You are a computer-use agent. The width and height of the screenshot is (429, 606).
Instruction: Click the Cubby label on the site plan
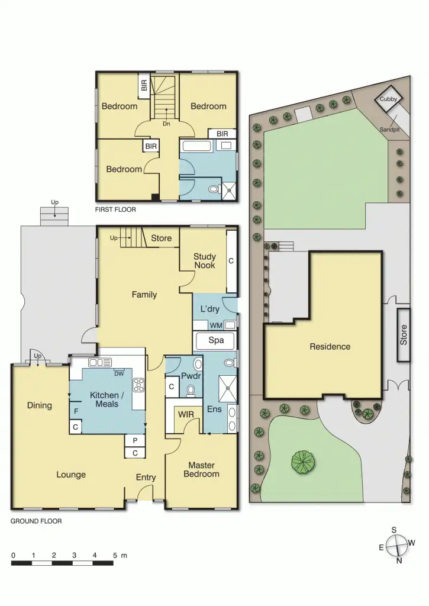coord(388,99)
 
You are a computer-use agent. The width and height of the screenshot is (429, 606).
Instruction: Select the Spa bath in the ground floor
coord(214,340)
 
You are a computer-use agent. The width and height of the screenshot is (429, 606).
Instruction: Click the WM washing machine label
coord(216,325)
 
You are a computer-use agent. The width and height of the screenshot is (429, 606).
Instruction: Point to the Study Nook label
coord(205,261)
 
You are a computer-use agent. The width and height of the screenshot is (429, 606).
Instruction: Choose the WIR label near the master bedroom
coord(186,414)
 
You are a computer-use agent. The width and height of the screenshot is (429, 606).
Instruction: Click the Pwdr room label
coord(189,376)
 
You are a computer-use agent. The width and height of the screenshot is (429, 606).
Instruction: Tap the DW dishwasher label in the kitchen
coord(119,372)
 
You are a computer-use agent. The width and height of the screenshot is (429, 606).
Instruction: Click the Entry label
coord(146,478)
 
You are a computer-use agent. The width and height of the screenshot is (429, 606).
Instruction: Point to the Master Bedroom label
coord(201,469)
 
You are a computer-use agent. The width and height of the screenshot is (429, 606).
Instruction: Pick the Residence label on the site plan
coord(330,347)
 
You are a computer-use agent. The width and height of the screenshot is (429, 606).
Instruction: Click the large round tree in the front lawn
coord(303,461)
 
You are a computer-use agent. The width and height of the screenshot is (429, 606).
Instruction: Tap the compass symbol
coord(397,545)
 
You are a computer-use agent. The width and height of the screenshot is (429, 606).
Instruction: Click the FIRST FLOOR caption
coord(115,209)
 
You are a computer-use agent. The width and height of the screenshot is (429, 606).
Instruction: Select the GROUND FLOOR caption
coord(36,521)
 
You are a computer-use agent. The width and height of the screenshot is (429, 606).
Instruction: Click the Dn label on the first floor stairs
coord(167,124)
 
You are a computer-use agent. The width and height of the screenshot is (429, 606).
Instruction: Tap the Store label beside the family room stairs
coord(161,238)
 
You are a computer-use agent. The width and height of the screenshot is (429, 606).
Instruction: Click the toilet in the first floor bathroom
coord(213,189)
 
